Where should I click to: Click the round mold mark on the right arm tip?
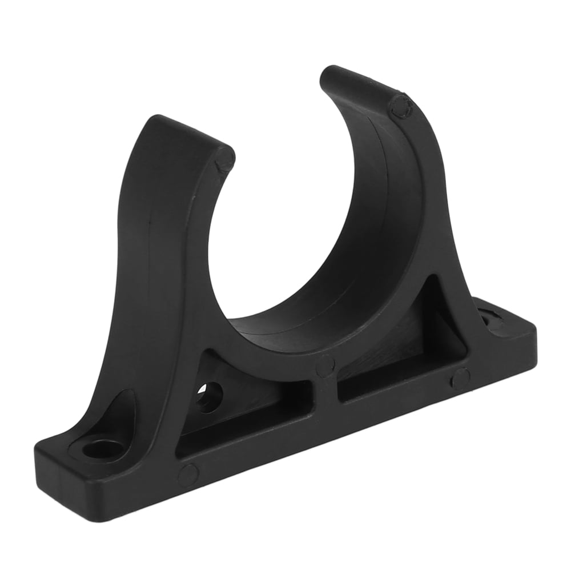(x=401, y=107)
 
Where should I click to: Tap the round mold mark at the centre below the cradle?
(x=325, y=365)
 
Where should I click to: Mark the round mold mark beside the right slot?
(x=460, y=379)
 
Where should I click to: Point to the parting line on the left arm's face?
(x=150, y=240)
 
